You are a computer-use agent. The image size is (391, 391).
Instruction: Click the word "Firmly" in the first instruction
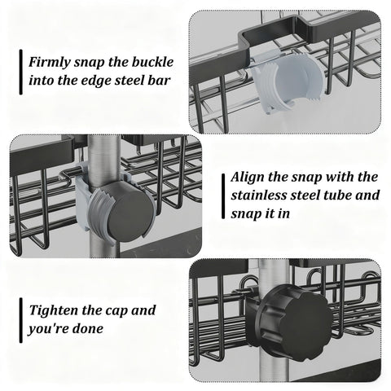point(50,63)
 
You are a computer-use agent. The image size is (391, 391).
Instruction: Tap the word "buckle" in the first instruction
point(152,62)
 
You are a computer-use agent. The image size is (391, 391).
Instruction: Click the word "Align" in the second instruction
point(248,178)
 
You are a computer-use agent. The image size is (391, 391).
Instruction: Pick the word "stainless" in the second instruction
point(259,195)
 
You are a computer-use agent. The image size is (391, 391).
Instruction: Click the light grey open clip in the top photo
point(288,84)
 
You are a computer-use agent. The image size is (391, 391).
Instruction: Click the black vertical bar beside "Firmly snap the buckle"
point(21,72)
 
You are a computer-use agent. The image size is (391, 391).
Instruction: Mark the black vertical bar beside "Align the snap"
point(223,196)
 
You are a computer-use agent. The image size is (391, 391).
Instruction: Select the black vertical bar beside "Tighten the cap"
point(21,320)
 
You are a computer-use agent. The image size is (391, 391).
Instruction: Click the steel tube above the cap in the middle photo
point(104,160)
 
